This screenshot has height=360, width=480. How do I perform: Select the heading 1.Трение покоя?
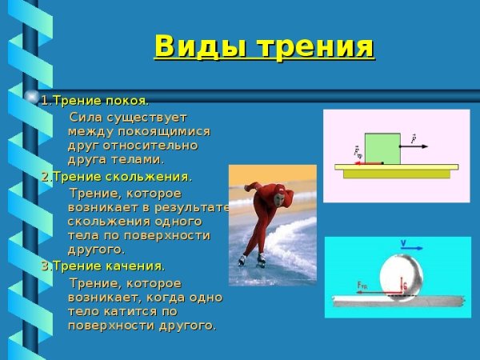(x=94, y=101)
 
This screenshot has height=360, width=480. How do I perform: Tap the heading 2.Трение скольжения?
(x=117, y=177)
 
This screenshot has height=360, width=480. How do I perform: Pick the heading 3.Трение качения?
(x=103, y=266)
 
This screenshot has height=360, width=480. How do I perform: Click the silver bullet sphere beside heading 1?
(x=33, y=98)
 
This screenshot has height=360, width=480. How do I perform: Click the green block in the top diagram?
(x=382, y=148)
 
